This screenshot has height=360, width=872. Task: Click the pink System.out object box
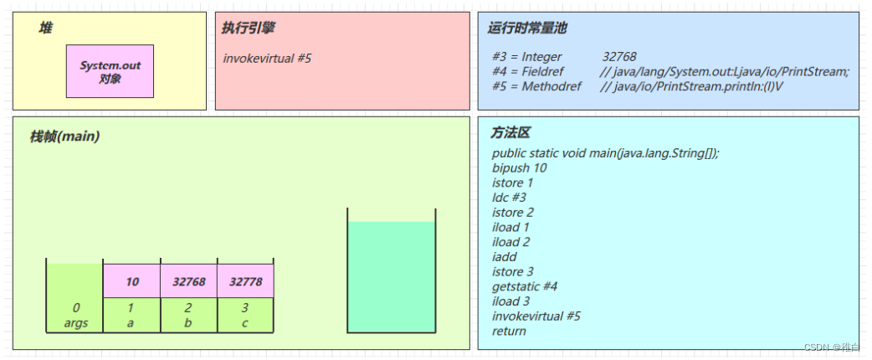tap(110, 71)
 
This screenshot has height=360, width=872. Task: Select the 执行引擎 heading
tap(249, 28)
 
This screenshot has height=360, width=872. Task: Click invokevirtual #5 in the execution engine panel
tap(268, 59)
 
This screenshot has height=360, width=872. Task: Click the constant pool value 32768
tap(619, 57)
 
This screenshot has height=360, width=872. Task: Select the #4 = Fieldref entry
tap(532, 72)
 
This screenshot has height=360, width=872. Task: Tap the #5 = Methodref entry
tap(535, 86)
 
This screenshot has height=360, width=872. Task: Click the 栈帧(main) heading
tap(65, 136)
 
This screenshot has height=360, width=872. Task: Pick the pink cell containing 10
tap(132, 281)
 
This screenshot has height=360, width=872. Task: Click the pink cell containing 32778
tap(245, 281)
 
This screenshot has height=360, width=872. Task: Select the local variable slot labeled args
tap(75, 323)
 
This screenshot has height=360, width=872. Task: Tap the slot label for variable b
tap(188, 323)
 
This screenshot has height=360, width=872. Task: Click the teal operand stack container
tap(392, 276)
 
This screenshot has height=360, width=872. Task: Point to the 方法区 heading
tap(510, 133)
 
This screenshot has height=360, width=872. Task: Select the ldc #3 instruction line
tap(510, 198)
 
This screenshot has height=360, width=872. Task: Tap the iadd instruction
tap(505, 257)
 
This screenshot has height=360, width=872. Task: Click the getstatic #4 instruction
tap(525, 286)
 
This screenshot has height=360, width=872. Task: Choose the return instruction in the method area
tap(510, 331)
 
